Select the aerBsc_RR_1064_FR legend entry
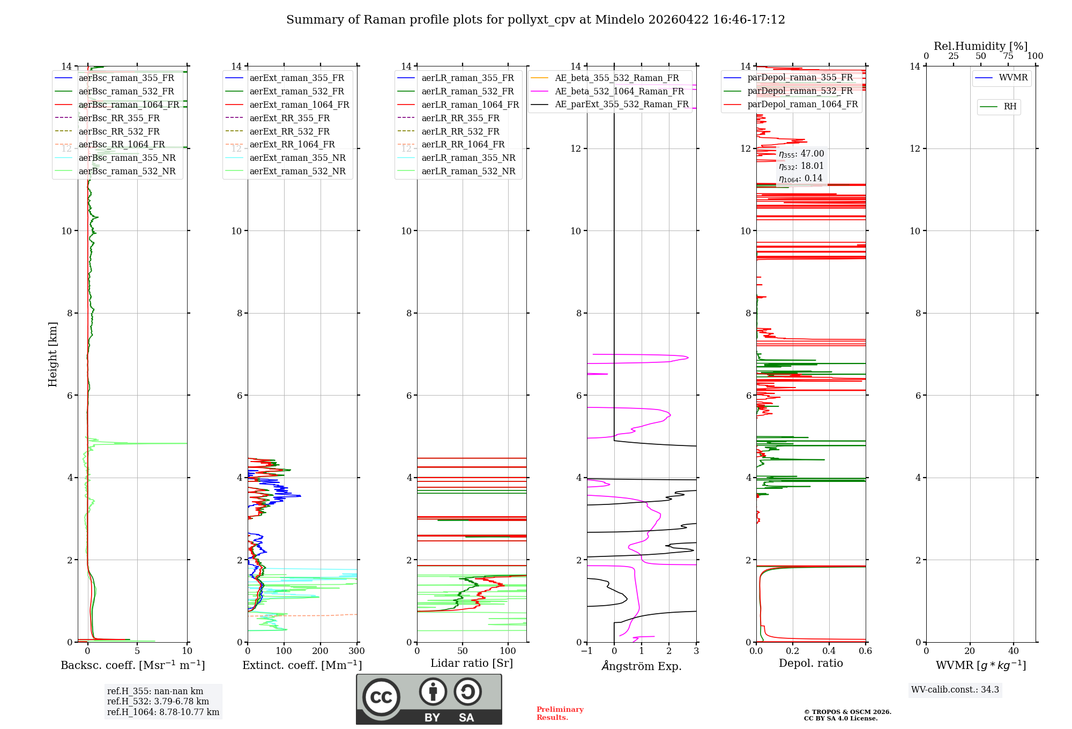(x=122, y=145)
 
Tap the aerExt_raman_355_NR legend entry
(x=297, y=158)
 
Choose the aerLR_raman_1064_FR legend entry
(x=470, y=105)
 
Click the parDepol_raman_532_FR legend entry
(x=800, y=91)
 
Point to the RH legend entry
(x=1010, y=107)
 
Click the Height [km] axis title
(x=53, y=354)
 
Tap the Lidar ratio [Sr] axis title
(x=472, y=663)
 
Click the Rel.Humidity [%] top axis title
(x=980, y=46)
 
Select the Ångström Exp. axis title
(x=642, y=666)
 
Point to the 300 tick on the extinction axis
(x=357, y=651)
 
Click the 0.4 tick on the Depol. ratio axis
(x=829, y=651)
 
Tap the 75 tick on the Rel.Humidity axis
(x=1008, y=56)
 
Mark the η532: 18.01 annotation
(x=801, y=166)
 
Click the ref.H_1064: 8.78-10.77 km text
(x=163, y=712)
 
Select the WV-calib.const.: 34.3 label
(x=955, y=690)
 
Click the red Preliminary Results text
(x=560, y=713)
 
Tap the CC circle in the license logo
(x=381, y=697)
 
